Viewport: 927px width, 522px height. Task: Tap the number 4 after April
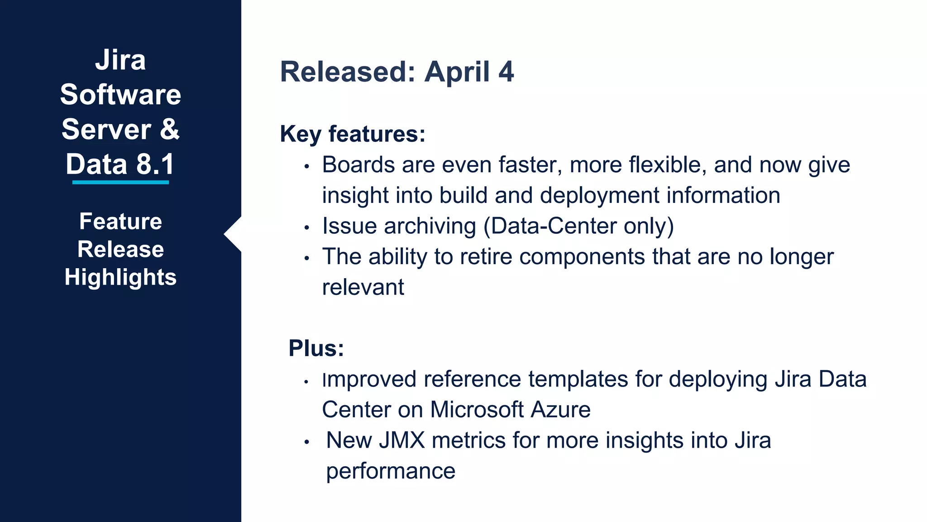[x=506, y=72]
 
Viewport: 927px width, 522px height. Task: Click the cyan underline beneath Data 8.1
[x=120, y=182]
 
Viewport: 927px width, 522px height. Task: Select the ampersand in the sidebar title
[x=170, y=129]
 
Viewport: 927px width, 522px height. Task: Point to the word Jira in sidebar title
[x=120, y=60]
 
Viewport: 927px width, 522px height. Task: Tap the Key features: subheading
[x=353, y=134]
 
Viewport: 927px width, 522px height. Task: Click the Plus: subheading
[x=316, y=348]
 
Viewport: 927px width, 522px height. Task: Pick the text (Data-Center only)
[x=578, y=226]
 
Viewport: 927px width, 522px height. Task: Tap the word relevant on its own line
[x=363, y=287]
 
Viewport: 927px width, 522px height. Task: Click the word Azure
[x=560, y=410]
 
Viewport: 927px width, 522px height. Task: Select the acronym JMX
[x=401, y=440]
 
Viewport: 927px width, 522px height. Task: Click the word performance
[x=391, y=471]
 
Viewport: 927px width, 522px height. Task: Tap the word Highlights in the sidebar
[x=120, y=277]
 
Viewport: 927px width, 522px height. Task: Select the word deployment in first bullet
[x=599, y=196]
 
